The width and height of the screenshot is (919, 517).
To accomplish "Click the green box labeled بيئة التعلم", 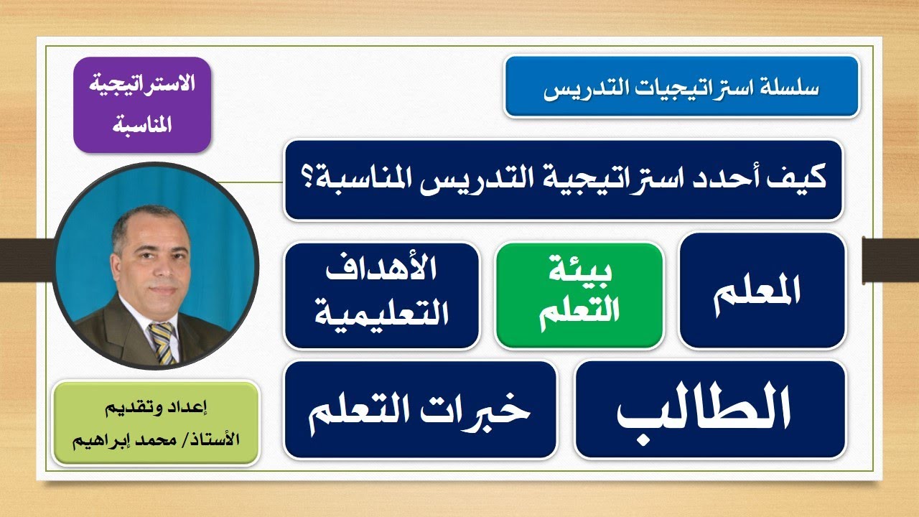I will [x=579, y=296].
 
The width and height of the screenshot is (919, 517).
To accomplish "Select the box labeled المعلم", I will [x=762, y=291].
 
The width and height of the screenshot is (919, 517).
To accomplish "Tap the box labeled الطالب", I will [x=709, y=409].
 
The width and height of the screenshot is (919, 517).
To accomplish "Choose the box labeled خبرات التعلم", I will [x=420, y=409].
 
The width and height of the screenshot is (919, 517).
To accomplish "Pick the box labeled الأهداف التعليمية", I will [x=381, y=296].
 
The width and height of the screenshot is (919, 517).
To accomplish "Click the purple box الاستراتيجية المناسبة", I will [x=141, y=105].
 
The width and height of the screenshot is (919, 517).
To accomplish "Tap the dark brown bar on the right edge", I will [x=890, y=251].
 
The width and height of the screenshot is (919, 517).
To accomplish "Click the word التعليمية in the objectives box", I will [x=381, y=314].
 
